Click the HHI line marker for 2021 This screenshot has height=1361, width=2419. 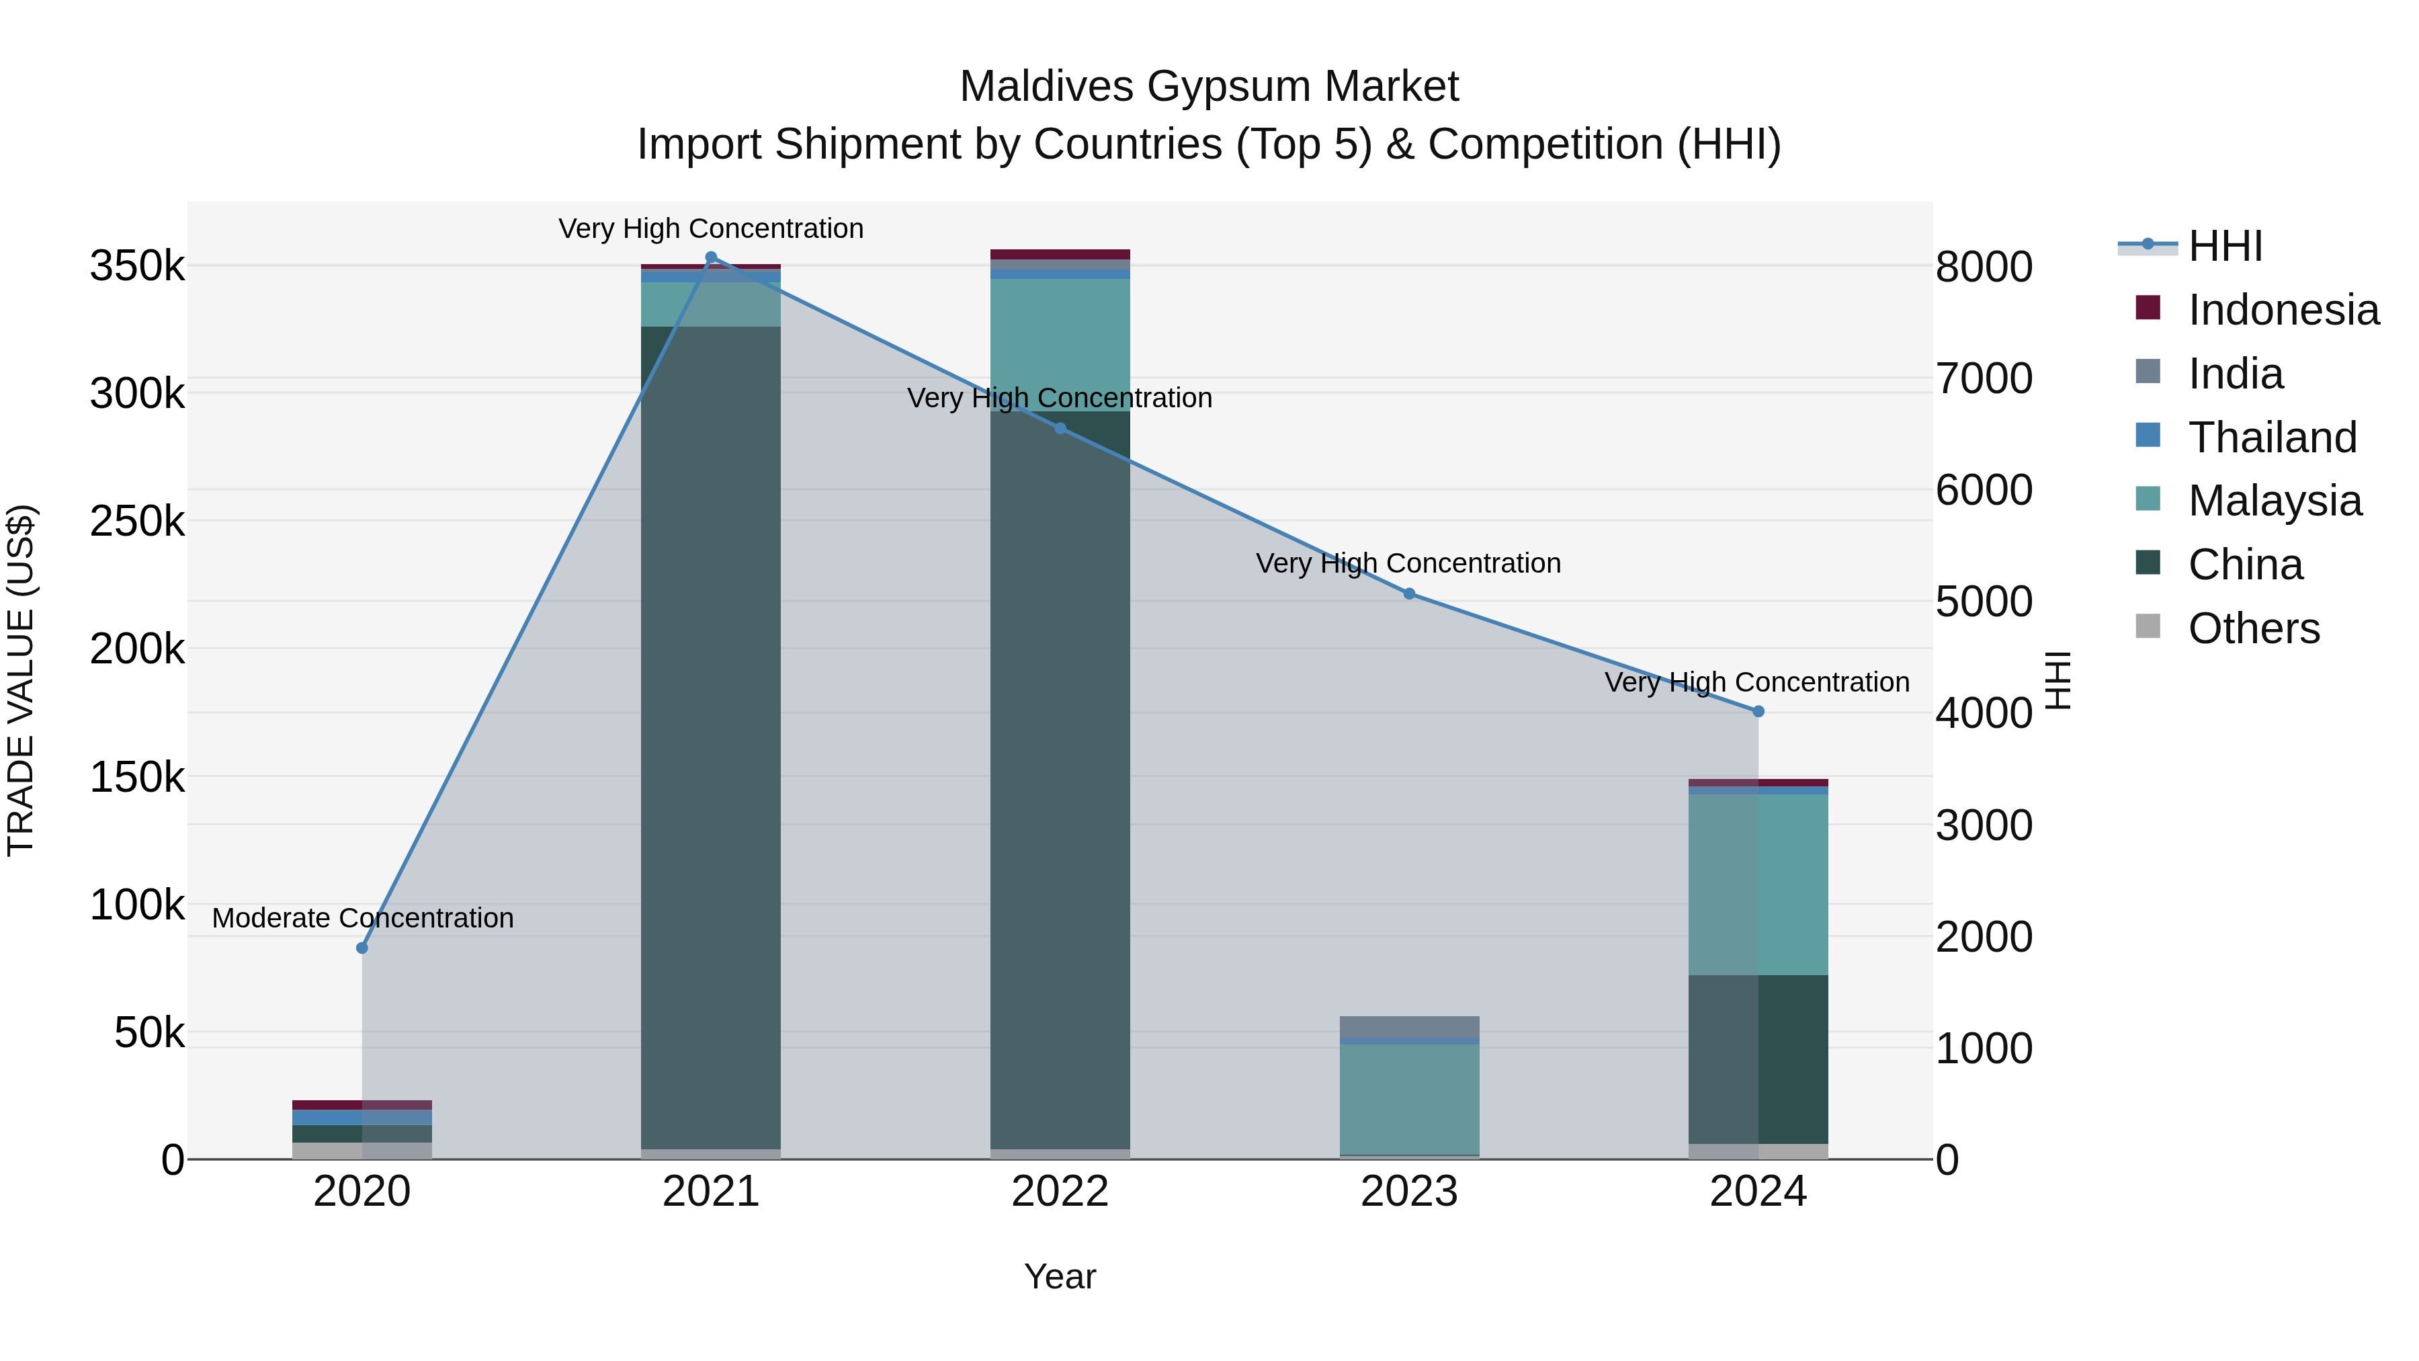coord(711,257)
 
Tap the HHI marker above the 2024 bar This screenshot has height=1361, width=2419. coord(1758,711)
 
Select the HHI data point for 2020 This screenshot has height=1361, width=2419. coord(362,948)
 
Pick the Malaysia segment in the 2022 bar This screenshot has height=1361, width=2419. coord(1060,345)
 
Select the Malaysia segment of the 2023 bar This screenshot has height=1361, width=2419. coord(1408,1098)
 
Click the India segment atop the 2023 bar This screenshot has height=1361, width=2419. coord(1408,1026)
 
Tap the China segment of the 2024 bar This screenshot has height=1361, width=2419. coord(1758,1059)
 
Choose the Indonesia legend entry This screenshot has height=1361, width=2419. coord(2282,310)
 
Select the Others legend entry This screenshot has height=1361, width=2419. coord(2253,628)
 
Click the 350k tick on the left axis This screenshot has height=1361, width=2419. coord(137,267)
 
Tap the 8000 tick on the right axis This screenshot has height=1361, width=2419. coord(1984,267)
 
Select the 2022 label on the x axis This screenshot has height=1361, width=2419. coord(1060,1192)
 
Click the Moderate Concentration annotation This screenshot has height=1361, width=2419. coord(362,917)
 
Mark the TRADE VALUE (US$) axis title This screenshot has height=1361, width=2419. coord(21,680)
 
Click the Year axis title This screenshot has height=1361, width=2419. coord(1060,1276)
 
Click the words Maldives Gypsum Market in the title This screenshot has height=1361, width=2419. coord(1209,87)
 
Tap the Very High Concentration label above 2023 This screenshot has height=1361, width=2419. coord(1408,564)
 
